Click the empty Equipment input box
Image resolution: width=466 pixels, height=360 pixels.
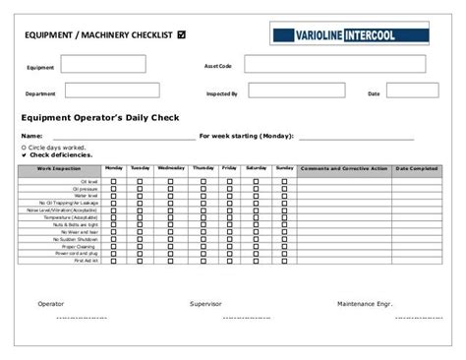[102, 65]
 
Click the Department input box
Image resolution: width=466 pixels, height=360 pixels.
[102, 91]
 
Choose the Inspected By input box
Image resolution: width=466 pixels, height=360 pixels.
[295, 91]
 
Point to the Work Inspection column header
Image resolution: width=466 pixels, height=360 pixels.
[59, 169]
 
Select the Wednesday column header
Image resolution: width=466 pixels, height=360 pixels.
[170, 169]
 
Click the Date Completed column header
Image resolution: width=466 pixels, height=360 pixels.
[416, 169]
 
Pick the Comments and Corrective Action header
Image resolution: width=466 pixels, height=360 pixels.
[344, 169]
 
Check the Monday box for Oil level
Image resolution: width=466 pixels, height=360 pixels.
[114, 182]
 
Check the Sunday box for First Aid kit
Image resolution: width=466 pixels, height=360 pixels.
[285, 260]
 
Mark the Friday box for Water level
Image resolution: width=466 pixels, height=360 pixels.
[230, 196]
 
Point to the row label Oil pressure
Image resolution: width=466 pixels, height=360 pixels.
[87, 189]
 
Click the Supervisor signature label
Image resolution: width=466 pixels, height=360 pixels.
[205, 304]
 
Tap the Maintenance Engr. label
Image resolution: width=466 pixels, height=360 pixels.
[365, 304]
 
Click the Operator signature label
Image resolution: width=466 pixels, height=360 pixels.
[51, 304]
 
